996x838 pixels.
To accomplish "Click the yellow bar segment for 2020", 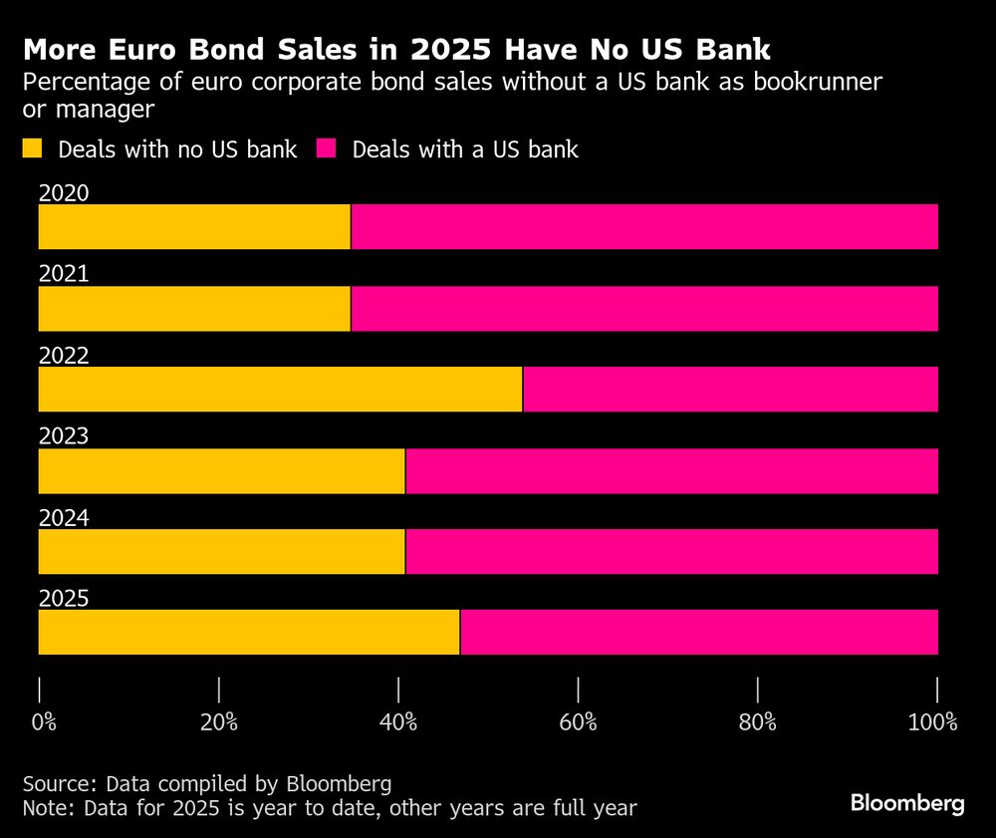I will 194,226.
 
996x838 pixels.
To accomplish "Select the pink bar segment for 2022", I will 730,389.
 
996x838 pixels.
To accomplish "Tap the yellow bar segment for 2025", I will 249,632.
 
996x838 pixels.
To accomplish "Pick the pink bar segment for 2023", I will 671,470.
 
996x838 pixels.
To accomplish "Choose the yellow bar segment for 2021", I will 194,308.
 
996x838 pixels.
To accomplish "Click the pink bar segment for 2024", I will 671,551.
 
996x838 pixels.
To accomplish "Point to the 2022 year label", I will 64,356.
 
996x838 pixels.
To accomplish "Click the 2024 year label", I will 64,518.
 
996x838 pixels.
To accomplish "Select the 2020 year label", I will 64,193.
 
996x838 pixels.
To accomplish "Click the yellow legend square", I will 33,149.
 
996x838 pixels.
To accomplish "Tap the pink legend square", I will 327,149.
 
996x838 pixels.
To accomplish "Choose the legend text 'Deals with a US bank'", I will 465,149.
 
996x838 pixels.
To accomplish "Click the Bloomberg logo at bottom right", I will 906,803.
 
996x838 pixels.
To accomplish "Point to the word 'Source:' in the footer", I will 59,781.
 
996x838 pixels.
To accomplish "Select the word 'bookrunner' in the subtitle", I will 803,82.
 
